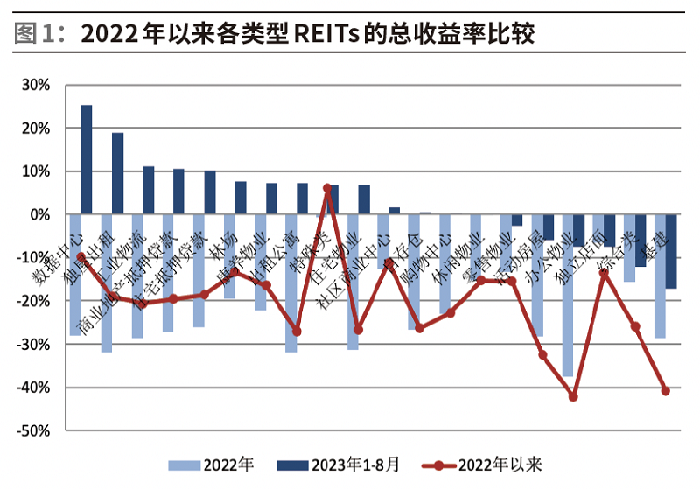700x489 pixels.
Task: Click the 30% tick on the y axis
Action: [36, 85]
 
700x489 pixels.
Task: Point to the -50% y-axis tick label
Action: [34, 430]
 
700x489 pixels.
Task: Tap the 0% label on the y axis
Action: [41, 214]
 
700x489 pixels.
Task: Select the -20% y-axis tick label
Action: [34, 301]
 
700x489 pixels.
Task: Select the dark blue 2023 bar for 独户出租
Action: [117, 173]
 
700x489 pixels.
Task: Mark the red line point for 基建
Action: [666, 391]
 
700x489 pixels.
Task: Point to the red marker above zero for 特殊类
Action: [327, 188]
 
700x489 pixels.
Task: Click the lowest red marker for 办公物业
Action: [574, 396]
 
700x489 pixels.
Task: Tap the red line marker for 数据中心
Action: [80, 257]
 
